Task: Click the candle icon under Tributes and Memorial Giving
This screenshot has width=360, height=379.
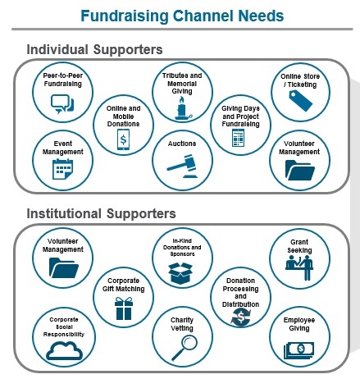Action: [183, 108]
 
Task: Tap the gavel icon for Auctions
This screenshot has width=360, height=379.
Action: [183, 167]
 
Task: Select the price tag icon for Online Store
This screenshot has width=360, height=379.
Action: [301, 101]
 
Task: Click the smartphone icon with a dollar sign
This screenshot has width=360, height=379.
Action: [123, 139]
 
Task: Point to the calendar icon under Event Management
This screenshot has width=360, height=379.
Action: [62, 169]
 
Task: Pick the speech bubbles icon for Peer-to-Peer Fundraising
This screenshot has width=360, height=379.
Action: [62, 104]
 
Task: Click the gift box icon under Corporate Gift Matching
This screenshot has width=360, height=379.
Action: [124, 308]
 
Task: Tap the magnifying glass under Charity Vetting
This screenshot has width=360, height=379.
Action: [185, 347]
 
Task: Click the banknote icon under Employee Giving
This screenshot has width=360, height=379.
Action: [298, 350]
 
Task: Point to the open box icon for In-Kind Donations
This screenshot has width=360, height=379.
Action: [180, 273]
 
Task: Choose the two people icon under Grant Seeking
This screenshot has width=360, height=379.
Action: [299, 267]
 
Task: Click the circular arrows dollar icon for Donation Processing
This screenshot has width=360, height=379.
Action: [240, 317]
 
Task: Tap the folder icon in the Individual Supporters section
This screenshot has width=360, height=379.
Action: [299, 170]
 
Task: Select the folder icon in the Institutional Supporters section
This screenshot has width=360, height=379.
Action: [64, 268]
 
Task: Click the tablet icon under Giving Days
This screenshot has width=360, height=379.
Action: [238, 138]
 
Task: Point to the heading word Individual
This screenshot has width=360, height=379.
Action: [57, 50]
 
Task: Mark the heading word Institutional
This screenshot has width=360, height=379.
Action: [64, 213]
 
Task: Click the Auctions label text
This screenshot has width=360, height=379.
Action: [182, 144]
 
